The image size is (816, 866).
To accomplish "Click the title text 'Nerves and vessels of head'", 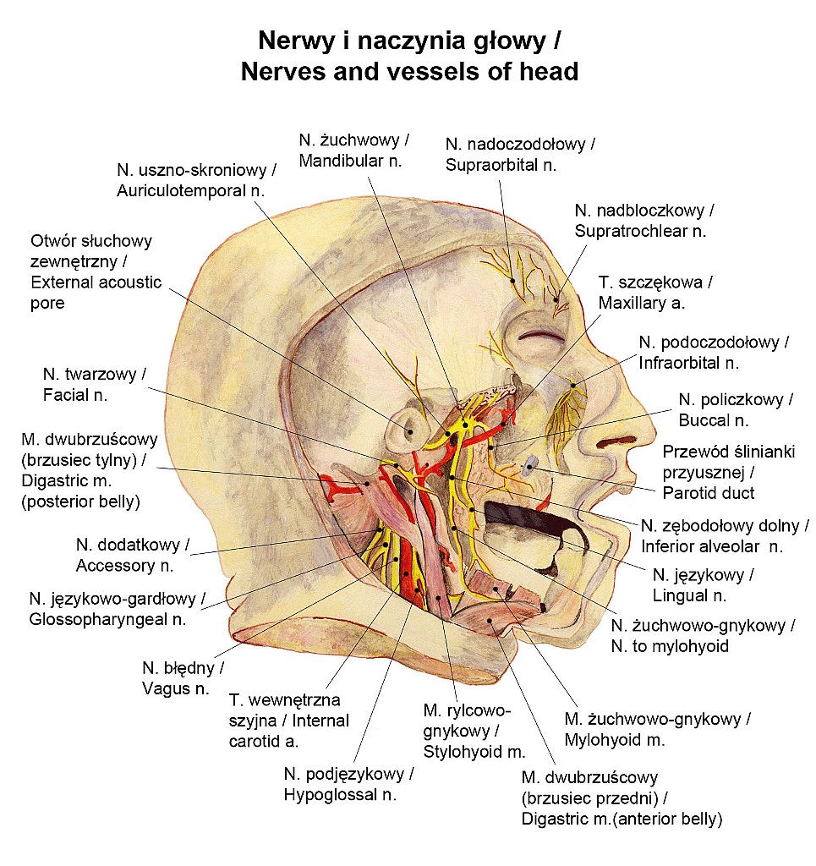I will (409, 72).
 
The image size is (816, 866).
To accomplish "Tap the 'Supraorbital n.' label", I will (501, 164).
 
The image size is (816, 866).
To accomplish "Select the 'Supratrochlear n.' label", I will (639, 229).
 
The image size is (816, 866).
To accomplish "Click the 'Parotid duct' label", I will (709, 492).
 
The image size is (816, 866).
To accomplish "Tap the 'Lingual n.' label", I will (689, 595).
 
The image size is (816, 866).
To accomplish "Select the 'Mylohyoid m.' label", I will (615, 740).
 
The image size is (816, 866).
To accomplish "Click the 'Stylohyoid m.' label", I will (474, 751).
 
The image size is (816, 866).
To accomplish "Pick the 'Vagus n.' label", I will (176, 688).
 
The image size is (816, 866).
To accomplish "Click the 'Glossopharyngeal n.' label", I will (107, 619).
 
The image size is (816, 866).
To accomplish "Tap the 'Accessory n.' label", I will (124, 565).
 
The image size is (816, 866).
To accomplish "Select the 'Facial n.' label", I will (77, 394).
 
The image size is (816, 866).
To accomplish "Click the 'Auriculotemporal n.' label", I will (190, 190).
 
